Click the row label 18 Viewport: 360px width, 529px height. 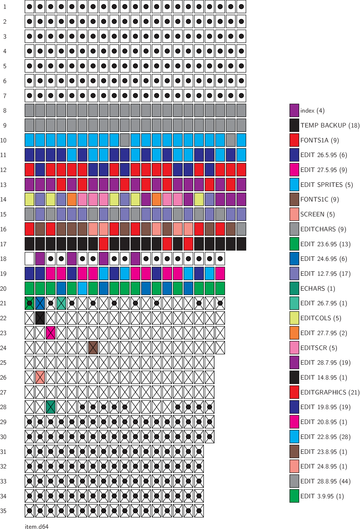pos(3,259)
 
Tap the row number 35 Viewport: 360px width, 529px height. pos(3,511)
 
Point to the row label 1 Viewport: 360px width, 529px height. pos(5,7)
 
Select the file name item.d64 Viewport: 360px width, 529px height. pos(37,526)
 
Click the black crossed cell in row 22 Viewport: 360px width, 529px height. pos(40,318)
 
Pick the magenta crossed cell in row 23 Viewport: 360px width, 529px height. pos(51,333)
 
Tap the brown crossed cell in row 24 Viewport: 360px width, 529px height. pos(93,348)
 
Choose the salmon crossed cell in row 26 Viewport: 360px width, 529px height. pos(40,377)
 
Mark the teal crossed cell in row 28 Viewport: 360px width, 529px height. pos(51,407)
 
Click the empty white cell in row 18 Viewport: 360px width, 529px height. pos(30,259)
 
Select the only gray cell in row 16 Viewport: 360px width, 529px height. pos(241,229)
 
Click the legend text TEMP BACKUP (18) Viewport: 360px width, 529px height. pos(330,125)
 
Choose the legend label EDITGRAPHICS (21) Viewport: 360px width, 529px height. pos(330,392)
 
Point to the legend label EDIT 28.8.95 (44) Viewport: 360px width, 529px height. pos(325,481)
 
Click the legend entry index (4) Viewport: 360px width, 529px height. pos(312,111)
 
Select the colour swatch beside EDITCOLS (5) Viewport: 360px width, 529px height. pos(294,318)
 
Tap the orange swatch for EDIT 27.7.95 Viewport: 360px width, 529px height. pos(294,333)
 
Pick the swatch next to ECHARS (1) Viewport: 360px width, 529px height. pos(294,288)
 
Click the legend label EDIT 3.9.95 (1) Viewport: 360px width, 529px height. pos(322,496)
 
